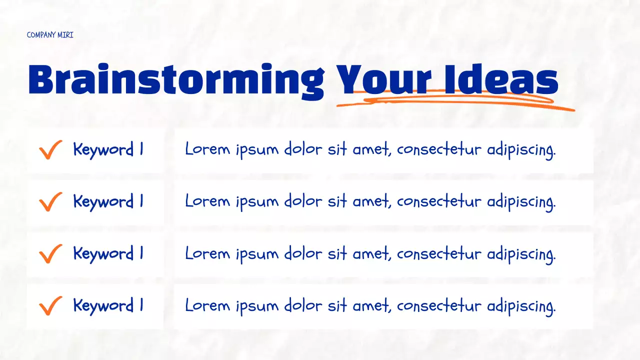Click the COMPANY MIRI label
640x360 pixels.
pyautogui.click(x=50, y=35)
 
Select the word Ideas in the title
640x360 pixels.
pyautogui.click(x=500, y=80)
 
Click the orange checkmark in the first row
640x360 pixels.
pyautogui.click(x=50, y=149)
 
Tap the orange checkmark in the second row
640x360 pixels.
pyautogui.click(x=50, y=201)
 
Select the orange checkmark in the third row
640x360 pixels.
pyautogui.click(x=50, y=253)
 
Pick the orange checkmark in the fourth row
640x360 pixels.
pyautogui.click(x=50, y=305)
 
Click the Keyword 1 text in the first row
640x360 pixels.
pyautogui.click(x=108, y=149)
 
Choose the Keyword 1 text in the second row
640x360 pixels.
pyautogui.click(x=108, y=201)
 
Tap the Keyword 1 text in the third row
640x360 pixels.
pyautogui.click(x=108, y=253)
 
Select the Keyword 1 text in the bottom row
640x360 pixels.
pyautogui.click(x=108, y=305)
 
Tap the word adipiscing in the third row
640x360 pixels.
pyautogui.click(x=521, y=254)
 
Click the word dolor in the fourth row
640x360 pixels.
pyautogui.click(x=303, y=305)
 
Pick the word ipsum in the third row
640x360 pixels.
pyautogui.click(x=257, y=254)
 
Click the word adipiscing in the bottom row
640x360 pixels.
pyautogui.click(x=521, y=306)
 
